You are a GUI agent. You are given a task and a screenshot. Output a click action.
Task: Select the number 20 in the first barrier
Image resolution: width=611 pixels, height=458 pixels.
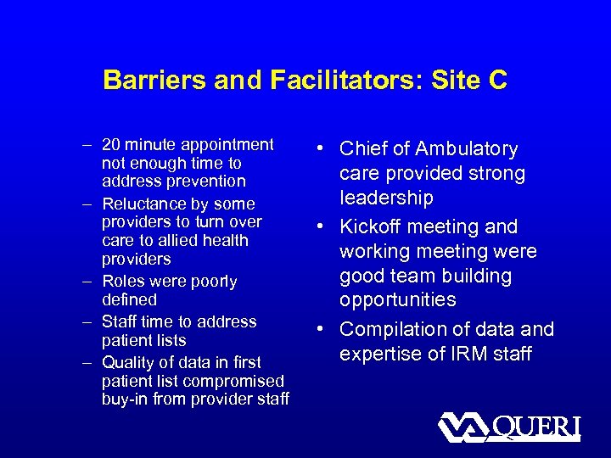111,144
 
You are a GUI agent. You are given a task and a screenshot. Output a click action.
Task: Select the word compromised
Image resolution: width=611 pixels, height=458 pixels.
237,381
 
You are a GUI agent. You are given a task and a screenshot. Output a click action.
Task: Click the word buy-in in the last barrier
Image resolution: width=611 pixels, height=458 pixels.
123,399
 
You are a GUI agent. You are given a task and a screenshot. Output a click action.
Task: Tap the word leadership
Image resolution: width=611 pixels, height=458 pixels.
386,198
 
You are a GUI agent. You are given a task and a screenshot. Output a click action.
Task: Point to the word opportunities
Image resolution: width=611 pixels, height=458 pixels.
398,300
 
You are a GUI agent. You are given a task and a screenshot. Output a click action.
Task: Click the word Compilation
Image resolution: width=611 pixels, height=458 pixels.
393,329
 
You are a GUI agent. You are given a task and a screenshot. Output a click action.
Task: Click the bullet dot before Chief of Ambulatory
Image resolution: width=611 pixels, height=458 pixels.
326,149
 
